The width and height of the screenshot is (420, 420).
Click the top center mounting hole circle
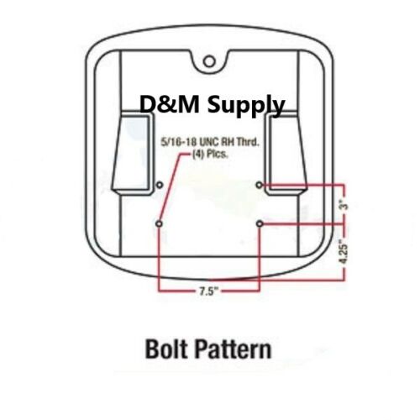click(209, 61)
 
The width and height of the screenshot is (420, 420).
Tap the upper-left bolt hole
click(160, 185)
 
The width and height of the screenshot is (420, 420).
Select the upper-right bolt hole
click(260, 185)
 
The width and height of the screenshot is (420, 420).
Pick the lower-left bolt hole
click(159, 223)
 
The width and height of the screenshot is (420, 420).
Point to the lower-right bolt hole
click(260, 223)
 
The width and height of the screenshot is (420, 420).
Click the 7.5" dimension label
click(208, 291)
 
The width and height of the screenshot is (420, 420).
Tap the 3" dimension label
click(345, 204)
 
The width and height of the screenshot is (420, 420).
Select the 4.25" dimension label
click(344, 251)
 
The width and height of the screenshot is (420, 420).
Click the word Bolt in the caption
click(166, 349)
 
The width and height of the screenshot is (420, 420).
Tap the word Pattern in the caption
click(234, 349)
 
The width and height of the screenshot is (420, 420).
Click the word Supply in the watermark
click(246, 105)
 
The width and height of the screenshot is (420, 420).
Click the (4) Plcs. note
click(210, 155)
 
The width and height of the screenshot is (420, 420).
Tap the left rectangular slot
click(133, 155)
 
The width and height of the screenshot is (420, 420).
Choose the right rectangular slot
click(286, 155)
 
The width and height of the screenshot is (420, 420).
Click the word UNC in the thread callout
click(209, 142)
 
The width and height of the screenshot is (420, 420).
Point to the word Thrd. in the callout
click(248, 142)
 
